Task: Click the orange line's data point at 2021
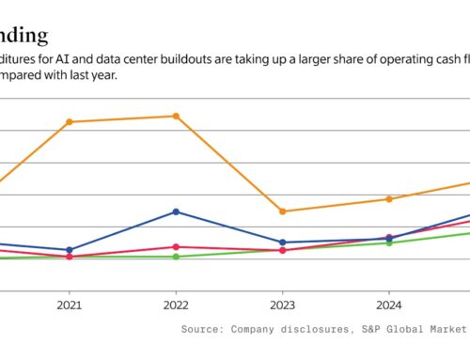tap(69, 122)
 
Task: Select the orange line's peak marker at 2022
tap(176, 116)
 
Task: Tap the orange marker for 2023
tap(283, 211)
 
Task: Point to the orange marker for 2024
tap(389, 199)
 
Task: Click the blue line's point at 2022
tap(176, 211)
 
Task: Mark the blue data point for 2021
tap(69, 250)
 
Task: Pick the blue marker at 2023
tap(283, 243)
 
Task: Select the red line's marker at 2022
tap(176, 246)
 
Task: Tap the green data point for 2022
tap(176, 257)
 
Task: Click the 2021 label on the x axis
tap(69, 305)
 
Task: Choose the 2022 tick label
tap(176, 305)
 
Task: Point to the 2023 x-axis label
tap(283, 305)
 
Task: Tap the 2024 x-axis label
tap(389, 305)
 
